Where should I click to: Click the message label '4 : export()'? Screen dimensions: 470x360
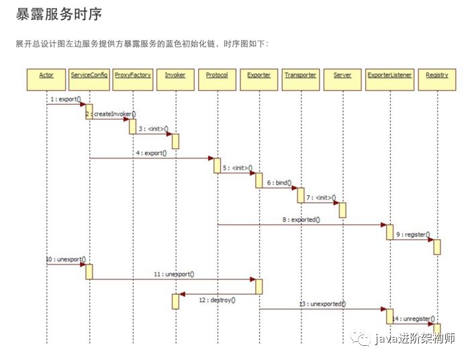pos(151,153)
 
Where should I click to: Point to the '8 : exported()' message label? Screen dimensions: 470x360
pos(301,220)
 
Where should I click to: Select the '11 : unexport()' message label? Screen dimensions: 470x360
pos(174,274)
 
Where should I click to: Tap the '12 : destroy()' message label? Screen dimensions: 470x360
pos(217,300)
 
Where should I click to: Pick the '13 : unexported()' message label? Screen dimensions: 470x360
pos(322,304)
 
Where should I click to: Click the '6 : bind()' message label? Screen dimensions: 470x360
pos(278,183)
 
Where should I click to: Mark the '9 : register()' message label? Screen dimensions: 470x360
pos(413,234)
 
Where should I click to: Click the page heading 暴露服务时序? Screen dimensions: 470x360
pos(58,14)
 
